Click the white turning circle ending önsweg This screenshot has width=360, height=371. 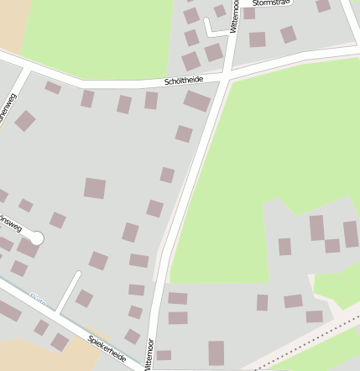click(x=36, y=238)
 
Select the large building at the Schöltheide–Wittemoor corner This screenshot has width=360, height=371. click(x=196, y=102)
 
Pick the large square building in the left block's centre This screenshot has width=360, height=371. click(x=95, y=188)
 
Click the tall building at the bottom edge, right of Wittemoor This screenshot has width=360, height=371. click(x=217, y=353)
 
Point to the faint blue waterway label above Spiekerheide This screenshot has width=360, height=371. click(x=37, y=297)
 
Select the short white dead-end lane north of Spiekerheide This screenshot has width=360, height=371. click(x=69, y=290)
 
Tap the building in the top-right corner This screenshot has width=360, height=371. click(x=323, y=5)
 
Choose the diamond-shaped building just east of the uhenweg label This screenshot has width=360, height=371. click(x=25, y=121)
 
